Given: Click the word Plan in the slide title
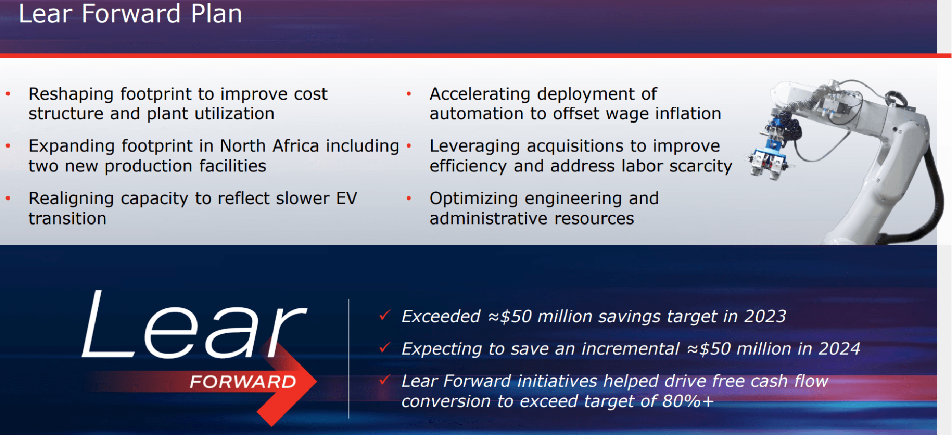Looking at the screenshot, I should tap(216, 14).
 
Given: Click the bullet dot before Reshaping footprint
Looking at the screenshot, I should tap(8, 94).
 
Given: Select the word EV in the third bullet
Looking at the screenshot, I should tap(346, 198).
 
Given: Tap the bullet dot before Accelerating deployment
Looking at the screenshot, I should tap(409, 94).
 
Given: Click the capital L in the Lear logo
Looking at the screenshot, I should tap(104, 326).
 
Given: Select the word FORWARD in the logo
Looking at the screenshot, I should tap(243, 382).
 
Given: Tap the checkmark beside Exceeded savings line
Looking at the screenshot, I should tap(384, 315).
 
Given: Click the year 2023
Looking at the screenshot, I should tap(765, 316).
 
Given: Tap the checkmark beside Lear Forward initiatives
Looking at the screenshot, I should tap(384, 380).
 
